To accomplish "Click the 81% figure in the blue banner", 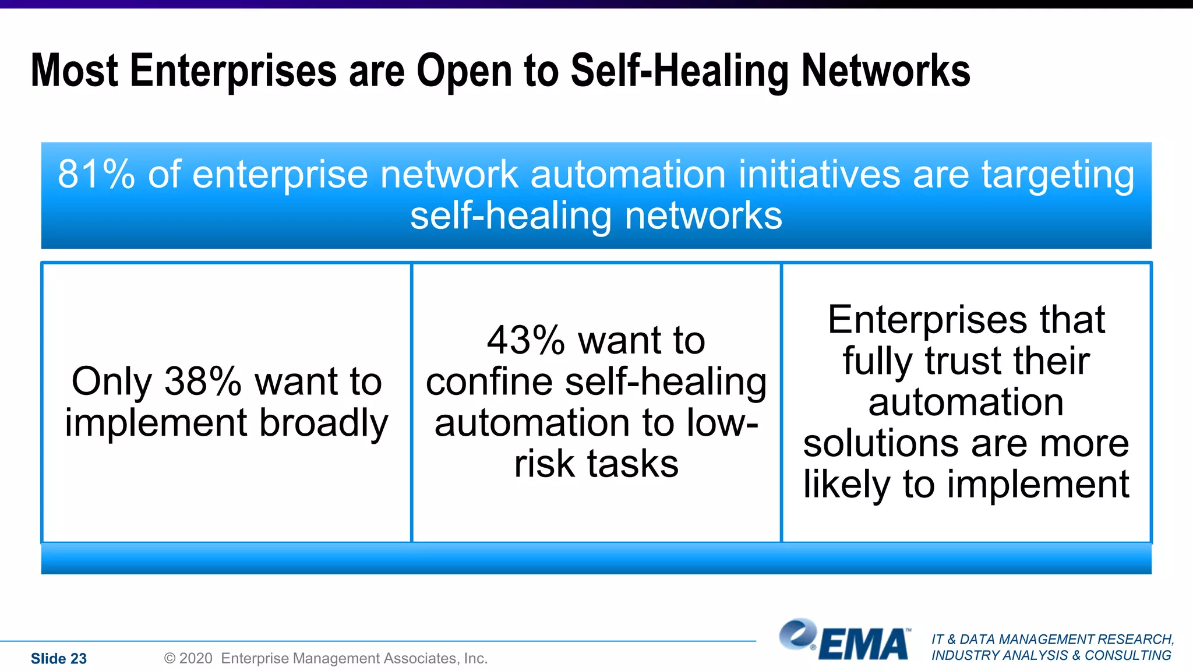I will click(96, 174).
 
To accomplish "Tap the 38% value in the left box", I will click(203, 382).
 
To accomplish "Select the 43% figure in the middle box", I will click(525, 341).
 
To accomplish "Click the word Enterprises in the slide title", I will click(233, 71).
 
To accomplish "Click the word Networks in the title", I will click(885, 71).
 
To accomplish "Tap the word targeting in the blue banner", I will click(1058, 175).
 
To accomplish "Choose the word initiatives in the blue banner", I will click(819, 174).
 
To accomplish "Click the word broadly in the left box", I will click(323, 423).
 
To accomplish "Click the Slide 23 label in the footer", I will click(59, 658).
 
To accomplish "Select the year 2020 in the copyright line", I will click(195, 658).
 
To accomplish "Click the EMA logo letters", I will click(864, 645).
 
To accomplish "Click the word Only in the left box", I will click(112, 382).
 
